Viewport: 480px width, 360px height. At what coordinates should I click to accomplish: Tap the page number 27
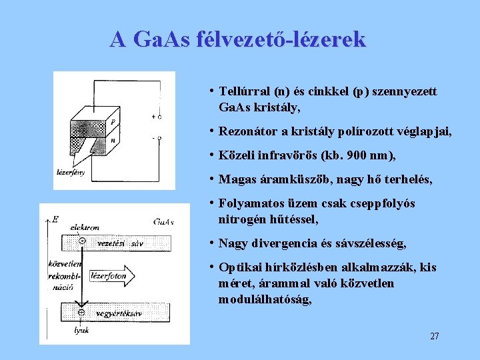[x=434, y=336]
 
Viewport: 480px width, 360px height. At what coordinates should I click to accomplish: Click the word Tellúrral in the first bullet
[x=245, y=91]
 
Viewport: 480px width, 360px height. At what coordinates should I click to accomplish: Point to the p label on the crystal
[x=114, y=121]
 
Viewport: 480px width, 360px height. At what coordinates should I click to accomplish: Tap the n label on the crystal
[x=113, y=141]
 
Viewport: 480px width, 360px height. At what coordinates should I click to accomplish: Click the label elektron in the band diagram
[x=84, y=227]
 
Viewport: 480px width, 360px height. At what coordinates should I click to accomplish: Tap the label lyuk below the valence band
[x=81, y=329]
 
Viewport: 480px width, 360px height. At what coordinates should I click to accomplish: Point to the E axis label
[x=55, y=218]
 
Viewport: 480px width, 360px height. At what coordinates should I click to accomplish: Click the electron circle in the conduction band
[x=81, y=241]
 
